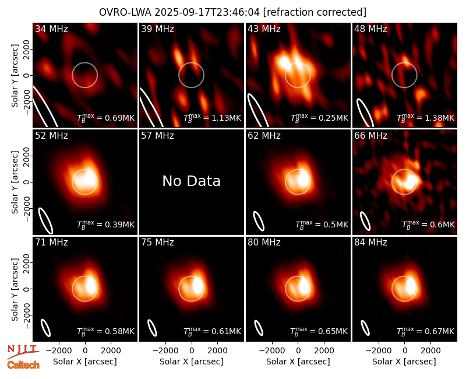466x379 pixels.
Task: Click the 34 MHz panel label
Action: point(51,29)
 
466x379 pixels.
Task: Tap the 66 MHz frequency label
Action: point(370,136)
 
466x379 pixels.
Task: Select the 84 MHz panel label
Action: point(370,243)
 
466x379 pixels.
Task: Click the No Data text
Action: point(192,181)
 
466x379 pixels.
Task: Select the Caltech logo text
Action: point(23,365)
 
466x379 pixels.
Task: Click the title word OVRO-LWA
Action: point(125,12)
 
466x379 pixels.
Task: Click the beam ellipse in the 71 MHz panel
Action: point(45,328)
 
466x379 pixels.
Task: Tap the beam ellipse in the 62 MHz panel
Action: point(259,221)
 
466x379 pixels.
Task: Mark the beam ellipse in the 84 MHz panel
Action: point(365,328)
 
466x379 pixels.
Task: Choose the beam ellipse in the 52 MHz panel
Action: point(45,221)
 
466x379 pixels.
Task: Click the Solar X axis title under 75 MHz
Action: point(192,362)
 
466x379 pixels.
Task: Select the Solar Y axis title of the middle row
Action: point(15,182)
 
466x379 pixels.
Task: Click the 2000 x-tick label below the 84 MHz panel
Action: point(430,351)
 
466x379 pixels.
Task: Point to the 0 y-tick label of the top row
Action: point(27,75)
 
